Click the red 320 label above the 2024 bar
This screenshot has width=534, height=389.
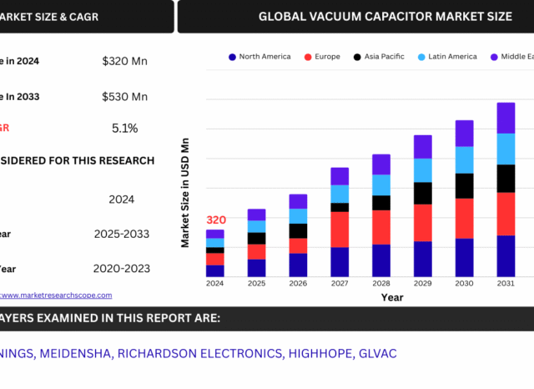[215, 220]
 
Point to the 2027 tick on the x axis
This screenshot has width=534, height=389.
[340, 284]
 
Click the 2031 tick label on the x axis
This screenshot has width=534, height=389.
[506, 284]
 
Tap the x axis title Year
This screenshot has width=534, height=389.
[392, 297]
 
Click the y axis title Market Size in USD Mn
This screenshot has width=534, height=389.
[186, 192]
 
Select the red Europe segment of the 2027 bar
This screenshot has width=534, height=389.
[340, 229]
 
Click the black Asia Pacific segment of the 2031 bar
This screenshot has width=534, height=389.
[506, 178]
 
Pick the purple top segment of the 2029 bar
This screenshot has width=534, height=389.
[423, 146]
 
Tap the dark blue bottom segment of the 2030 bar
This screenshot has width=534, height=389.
[464, 257]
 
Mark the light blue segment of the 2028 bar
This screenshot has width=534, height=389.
[381, 184]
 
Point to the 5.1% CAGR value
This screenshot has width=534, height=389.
[124, 129]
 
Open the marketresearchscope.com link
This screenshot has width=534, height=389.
[55, 295]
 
